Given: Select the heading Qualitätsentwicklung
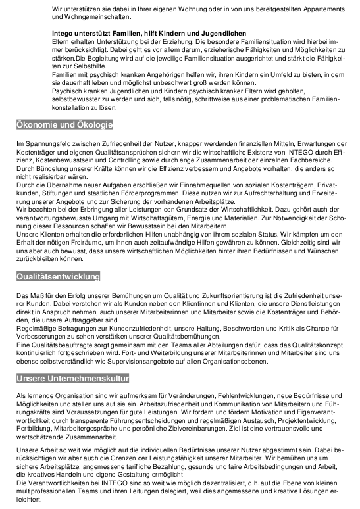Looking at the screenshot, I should [58, 276].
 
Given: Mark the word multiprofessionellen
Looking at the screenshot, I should [47, 491].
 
